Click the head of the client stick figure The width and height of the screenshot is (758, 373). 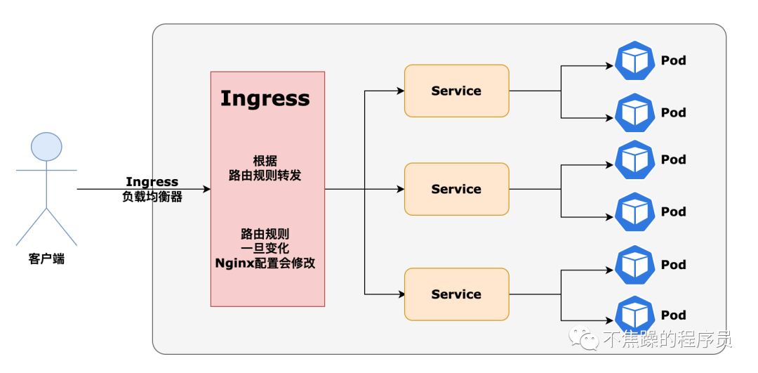point(46,146)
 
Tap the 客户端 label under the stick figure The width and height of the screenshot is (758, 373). point(46,259)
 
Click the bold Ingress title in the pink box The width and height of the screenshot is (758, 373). point(265,98)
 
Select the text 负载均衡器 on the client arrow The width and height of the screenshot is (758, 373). point(152,197)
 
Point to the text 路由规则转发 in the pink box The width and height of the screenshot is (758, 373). point(265,175)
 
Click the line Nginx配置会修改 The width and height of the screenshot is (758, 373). point(265,263)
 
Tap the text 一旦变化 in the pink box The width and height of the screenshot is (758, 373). point(265,249)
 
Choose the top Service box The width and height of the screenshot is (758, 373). point(456,91)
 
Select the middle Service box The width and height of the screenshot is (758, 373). point(456,189)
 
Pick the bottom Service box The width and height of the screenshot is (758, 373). point(456,294)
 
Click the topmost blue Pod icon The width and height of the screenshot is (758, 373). point(634,60)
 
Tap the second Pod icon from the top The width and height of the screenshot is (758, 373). point(634,112)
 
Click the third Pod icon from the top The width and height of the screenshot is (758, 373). point(634,159)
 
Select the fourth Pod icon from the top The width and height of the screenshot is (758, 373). point(634,212)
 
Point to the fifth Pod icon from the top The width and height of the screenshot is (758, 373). point(634,265)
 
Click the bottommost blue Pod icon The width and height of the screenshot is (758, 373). point(634,315)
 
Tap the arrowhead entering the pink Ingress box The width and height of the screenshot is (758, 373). point(207,189)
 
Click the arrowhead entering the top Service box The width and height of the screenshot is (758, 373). point(400,91)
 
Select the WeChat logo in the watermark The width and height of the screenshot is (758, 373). point(583,338)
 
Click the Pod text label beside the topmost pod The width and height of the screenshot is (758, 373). point(673,61)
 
